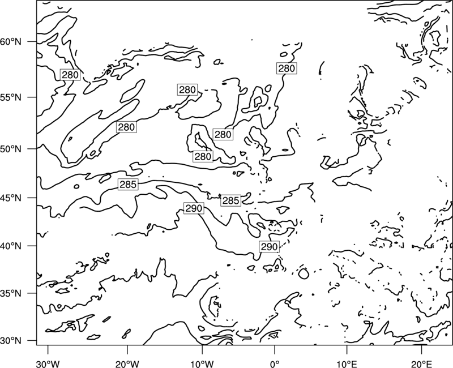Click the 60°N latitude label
point(11,41)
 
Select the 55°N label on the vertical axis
point(11,97)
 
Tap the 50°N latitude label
point(11,149)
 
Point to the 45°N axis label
point(11,198)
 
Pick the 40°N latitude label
point(11,246)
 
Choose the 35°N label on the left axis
point(11,293)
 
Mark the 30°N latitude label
point(11,341)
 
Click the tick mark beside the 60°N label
point(32,41)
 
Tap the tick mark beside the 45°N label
point(32,198)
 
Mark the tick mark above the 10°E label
point(347,349)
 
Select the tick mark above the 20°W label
point(127,349)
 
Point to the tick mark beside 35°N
point(32,293)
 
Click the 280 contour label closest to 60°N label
point(70,75)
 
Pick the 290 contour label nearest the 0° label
point(270,247)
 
